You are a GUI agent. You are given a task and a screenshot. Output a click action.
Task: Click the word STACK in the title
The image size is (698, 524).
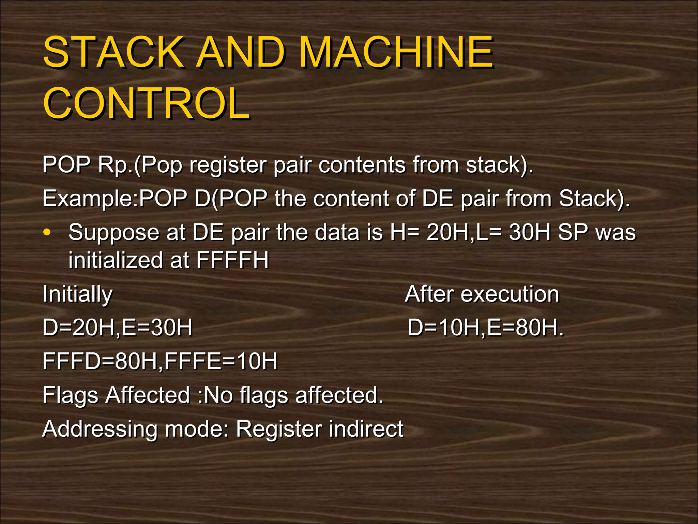[112, 52]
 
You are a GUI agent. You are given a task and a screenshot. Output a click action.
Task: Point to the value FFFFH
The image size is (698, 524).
[232, 260]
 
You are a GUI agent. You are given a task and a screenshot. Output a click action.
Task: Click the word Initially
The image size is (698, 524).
[77, 294]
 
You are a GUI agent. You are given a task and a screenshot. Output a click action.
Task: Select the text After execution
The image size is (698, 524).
[482, 294]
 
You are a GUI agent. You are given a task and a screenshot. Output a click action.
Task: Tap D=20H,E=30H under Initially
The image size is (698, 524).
[117, 327]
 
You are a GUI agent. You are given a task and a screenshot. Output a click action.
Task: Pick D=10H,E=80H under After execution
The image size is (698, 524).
[485, 327]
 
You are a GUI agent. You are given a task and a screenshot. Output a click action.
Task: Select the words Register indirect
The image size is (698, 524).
[319, 429]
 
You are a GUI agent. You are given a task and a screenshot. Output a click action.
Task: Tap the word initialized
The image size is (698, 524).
[116, 260]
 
